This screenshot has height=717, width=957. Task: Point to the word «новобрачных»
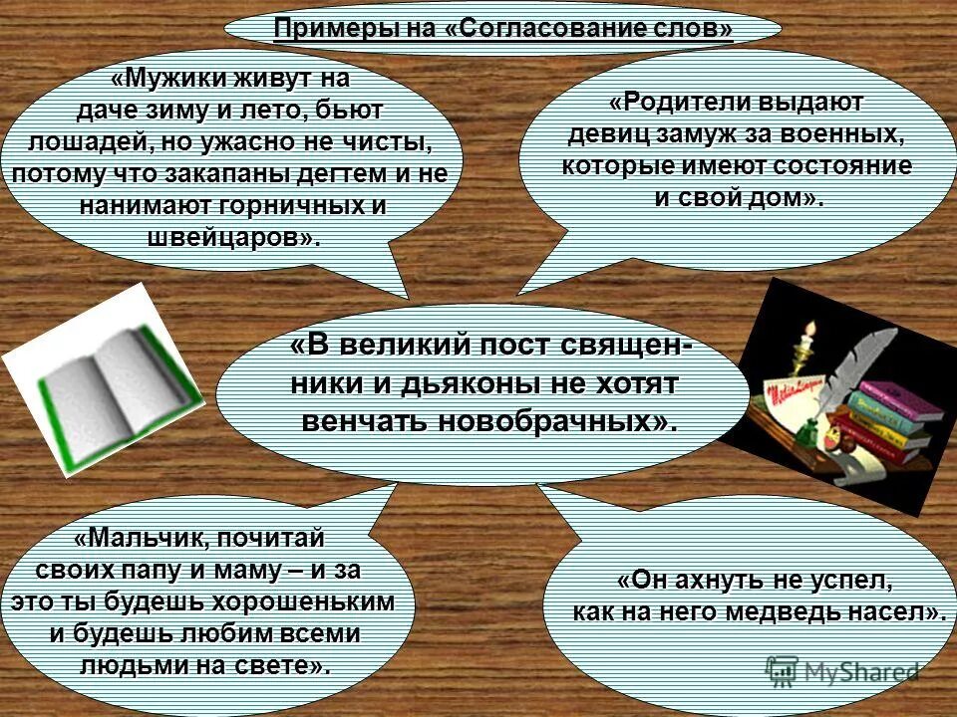point(554,421)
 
